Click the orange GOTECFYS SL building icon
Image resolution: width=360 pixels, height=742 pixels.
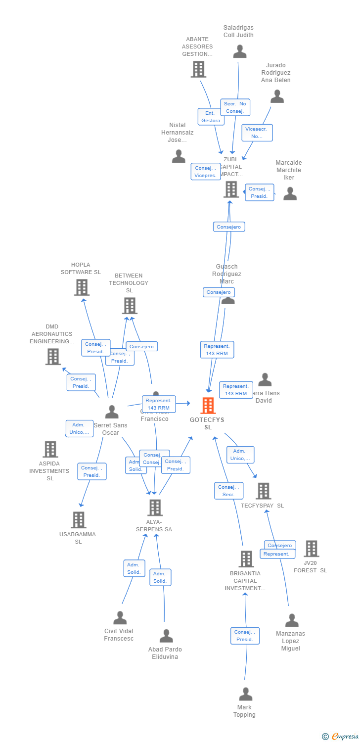[208, 406]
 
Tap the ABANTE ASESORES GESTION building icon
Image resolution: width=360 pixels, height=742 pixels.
[198, 69]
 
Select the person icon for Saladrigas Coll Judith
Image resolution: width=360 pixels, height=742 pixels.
[240, 51]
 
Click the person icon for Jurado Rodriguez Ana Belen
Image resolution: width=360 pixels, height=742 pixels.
[277, 96]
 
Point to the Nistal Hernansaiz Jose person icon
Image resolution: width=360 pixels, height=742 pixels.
[179, 156]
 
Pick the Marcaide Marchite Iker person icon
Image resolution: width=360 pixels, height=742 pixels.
[290, 193]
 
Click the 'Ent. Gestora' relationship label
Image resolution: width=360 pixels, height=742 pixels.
[211, 117]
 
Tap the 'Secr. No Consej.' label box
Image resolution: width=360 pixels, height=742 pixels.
[235, 107]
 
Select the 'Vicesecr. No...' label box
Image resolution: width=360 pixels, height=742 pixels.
[257, 133]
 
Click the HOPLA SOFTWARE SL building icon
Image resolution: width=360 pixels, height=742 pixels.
[82, 287]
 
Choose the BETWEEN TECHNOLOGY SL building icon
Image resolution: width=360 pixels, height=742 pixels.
[130, 306]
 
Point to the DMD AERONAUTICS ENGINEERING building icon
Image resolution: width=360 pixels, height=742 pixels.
[53, 356]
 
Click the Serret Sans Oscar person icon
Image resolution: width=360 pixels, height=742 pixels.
[112, 412]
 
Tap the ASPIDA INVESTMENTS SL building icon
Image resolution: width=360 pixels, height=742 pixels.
[50, 449]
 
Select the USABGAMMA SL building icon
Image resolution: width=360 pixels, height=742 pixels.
[79, 520]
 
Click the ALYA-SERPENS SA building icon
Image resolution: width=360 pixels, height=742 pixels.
[155, 508]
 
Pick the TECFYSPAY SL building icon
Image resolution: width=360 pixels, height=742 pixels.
[264, 491]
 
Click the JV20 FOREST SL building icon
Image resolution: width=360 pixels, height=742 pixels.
[311, 549]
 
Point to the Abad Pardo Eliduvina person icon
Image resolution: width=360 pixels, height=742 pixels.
[167, 636]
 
